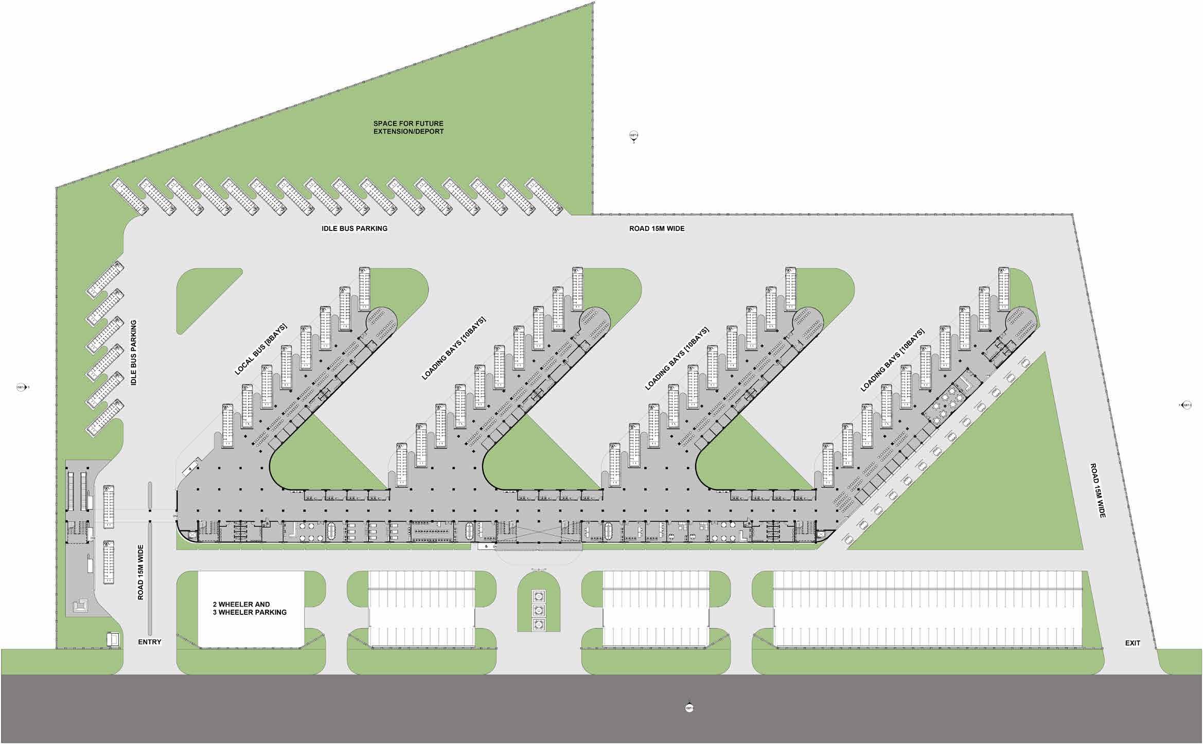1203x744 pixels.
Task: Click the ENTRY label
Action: click(x=150, y=642)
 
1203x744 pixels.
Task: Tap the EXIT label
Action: click(x=1133, y=643)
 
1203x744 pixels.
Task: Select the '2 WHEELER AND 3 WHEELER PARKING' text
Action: click(x=250, y=609)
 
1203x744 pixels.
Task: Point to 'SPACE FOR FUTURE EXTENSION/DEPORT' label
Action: click(x=409, y=128)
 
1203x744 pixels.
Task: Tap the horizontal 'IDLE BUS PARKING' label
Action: click(x=355, y=228)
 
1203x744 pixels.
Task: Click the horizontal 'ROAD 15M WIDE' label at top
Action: click(x=657, y=228)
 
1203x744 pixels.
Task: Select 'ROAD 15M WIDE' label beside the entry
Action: click(x=140, y=572)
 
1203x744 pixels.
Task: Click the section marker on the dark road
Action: click(x=689, y=708)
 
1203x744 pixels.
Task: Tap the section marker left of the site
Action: click(x=21, y=387)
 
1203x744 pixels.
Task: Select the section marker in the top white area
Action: click(x=634, y=136)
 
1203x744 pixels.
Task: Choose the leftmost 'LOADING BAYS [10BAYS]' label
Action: click(x=453, y=348)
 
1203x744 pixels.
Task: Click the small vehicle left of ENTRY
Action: click(x=113, y=639)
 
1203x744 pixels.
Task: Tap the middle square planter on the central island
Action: click(x=539, y=610)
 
